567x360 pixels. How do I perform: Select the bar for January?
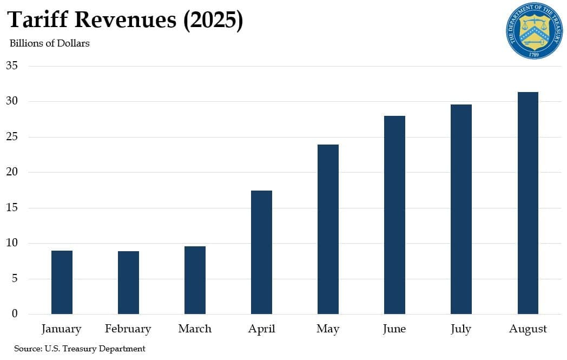coord(62,282)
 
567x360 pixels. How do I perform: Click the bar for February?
coord(128,283)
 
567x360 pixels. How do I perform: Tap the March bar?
coord(195,280)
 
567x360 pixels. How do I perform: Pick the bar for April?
coord(261,252)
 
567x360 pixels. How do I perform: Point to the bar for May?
coord(328,229)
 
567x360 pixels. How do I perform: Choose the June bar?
coord(394,215)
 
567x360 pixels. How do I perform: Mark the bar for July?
coord(461,209)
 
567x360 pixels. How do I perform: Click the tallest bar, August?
coord(528,203)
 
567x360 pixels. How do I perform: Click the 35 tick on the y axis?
coord(12,66)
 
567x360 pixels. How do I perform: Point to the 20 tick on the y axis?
coord(12,172)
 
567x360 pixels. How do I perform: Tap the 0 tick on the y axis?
coord(15,314)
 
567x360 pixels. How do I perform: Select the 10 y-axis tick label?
coord(12,243)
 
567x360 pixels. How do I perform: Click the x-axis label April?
coord(261,329)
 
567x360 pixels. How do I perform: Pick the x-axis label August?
coord(528,329)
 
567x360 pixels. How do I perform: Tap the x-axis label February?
coord(128,329)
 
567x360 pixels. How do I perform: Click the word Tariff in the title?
coord(37,20)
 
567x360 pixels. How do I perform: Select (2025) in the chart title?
coord(212,20)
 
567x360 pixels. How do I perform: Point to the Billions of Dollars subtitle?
coord(49,43)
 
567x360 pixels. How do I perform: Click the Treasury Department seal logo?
coord(535,31)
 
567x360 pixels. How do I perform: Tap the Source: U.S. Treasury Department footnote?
coord(80,349)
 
